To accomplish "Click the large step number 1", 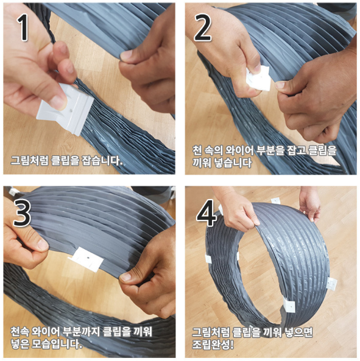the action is (23, 27).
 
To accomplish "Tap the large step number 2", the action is (203, 27).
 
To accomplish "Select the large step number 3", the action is (22, 213).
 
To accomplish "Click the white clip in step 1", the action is (65, 109).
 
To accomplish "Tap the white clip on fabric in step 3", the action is (86, 259).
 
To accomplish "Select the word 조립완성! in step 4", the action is (213, 345).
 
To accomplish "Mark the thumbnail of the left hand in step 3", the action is (42, 244).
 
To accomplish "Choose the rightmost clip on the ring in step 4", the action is (332, 284).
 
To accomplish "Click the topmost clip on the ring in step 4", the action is (276, 201).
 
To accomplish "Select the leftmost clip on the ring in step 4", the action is (208, 259).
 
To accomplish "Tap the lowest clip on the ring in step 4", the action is (289, 306).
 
